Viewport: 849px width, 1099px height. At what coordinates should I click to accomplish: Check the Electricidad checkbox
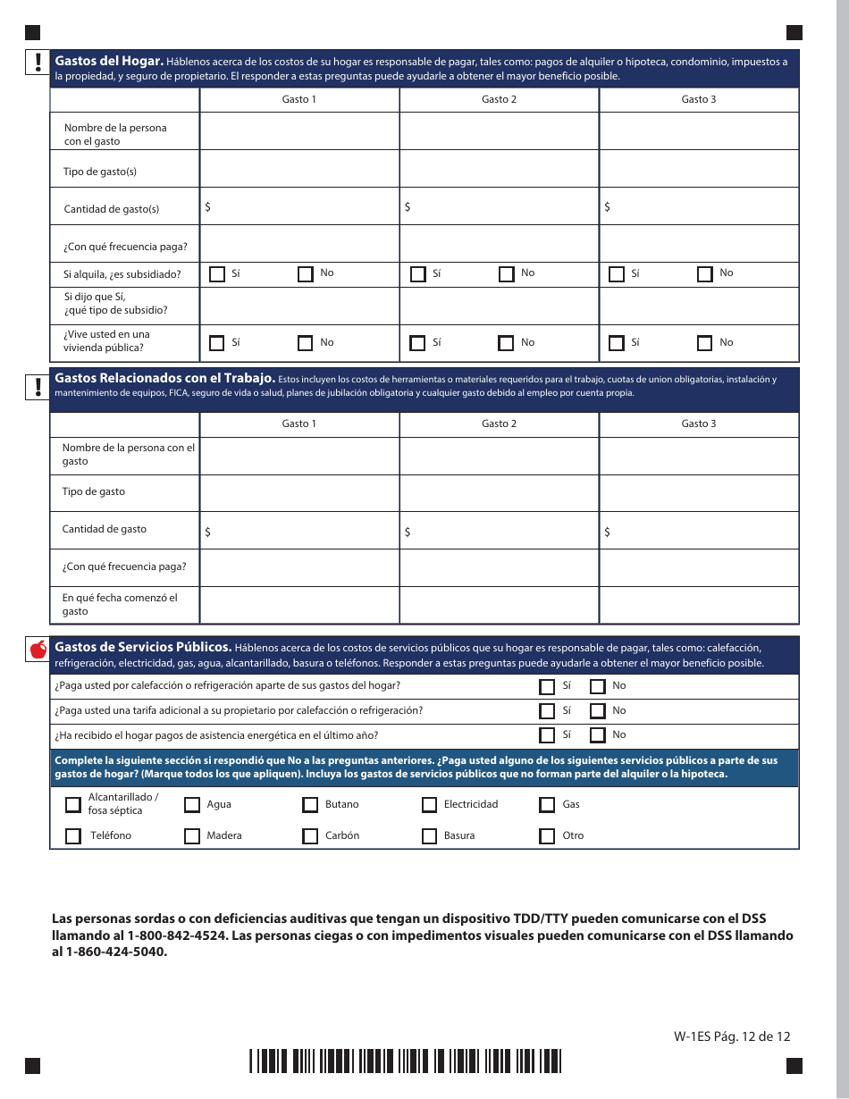click(x=429, y=805)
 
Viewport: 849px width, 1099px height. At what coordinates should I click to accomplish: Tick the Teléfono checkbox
click(x=73, y=836)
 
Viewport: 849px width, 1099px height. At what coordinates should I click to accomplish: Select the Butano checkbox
click(x=310, y=805)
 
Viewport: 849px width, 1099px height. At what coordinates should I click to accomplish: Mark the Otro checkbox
click(x=547, y=836)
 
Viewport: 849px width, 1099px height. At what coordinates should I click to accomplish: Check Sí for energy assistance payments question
click(x=547, y=735)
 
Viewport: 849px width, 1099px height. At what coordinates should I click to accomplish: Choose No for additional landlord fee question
click(x=598, y=711)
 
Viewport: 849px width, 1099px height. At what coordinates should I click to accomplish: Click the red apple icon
click(x=38, y=650)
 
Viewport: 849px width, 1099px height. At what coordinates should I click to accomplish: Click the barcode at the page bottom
click(x=405, y=1061)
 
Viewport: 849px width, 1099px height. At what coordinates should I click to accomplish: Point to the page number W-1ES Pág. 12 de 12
click(x=732, y=1036)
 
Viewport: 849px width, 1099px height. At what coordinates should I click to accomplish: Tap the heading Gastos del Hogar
click(x=109, y=62)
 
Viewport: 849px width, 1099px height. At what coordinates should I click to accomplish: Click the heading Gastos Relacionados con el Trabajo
click(x=164, y=378)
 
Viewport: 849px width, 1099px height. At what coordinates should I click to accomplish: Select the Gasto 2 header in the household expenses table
click(x=499, y=99)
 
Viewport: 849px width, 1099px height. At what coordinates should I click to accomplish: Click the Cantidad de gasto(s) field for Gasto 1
click(x=299, y=206)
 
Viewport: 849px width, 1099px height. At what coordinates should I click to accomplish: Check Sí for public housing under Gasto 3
click(x=616, y=343)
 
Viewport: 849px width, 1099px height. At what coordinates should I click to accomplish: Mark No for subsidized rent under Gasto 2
click(x=507, y=274)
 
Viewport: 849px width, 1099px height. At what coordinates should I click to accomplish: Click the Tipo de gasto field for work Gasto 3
click(x=699, y=492)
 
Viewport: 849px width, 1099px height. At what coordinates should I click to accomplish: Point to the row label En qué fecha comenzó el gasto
click(x=120, y=605)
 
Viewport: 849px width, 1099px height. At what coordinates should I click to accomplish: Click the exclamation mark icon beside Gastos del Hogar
click(x=38, y=62)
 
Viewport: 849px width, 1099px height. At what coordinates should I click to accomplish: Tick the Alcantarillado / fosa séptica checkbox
click(x=73, y=805)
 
